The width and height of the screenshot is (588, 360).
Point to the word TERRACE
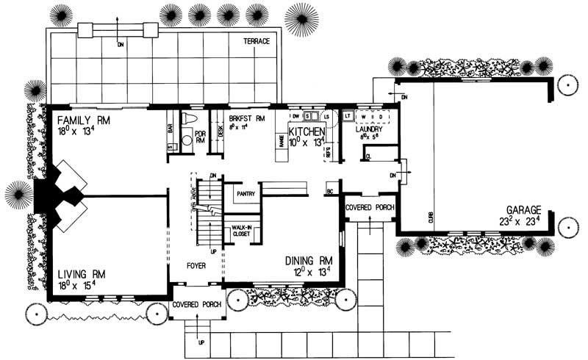click(x=251, y=42)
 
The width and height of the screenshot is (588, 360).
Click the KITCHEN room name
click(x=306, y=132)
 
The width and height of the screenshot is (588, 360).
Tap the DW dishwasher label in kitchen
click(x=295, y=116)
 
